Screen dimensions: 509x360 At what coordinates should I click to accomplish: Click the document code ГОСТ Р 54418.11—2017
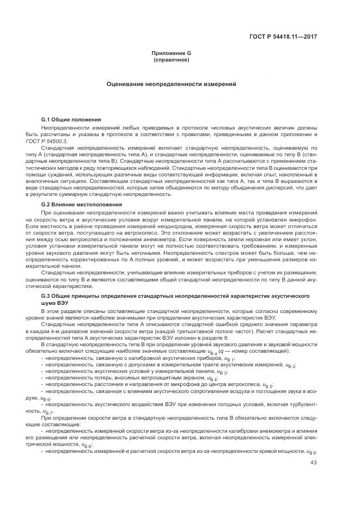point(288,37)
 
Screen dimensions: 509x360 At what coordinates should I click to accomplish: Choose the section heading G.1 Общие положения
point(64,119)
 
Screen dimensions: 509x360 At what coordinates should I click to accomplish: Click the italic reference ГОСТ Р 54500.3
point(57,140)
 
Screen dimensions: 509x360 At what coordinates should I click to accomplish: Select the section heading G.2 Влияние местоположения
point(74,204)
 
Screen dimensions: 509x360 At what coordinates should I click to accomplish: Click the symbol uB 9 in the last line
point(312,451)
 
